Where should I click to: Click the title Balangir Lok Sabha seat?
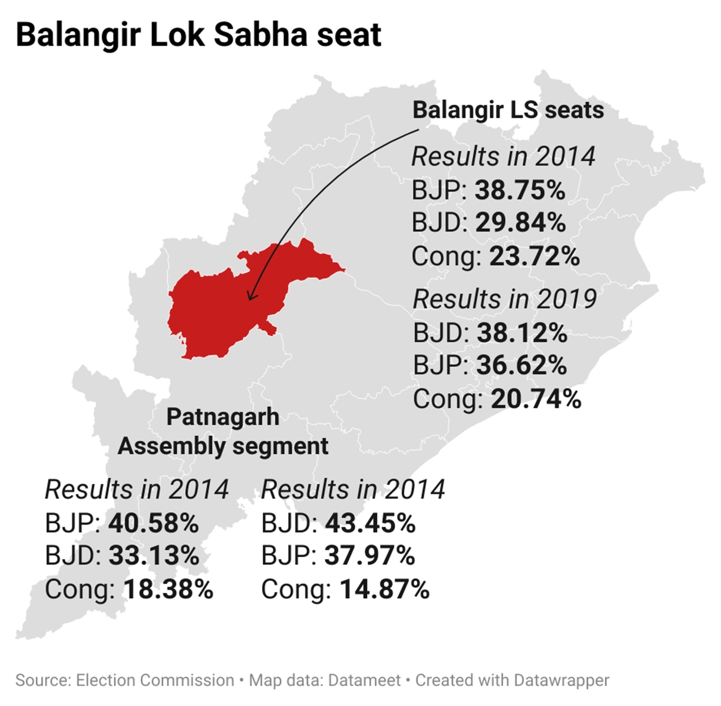coord(198,35)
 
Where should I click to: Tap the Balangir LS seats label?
coord(508,110)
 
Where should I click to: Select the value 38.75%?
coord(520,190)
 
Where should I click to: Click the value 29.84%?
coord(520,223)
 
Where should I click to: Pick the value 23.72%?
coord(534,256)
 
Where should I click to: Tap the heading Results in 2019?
coord(505,299)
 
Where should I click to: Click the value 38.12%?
coord(522,333)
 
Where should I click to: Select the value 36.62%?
coord(521,365)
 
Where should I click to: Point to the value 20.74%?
coord(536,399)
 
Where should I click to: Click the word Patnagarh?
coord(223,417)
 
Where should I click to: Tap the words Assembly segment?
coord(223,446)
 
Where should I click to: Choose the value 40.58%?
coord(153,523)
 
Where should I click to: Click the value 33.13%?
coord(154,555)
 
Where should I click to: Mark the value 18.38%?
coord(168,589)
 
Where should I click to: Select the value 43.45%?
coord(370,523)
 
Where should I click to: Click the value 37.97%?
coord(370,555)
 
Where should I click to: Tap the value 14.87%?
coord(384,589)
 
